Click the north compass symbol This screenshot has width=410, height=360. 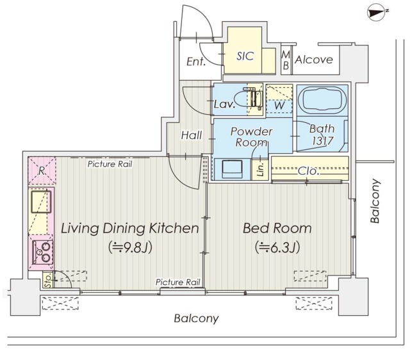pyautogui.click(x=377, y=13)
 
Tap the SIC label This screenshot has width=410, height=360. pyautogui.click(x=245, y=56)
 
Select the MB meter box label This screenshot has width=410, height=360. pyautogui.click(x=286, y=60)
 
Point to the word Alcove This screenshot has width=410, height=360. pyautogui.click(x=314, y=60)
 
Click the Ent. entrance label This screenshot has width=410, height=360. pyautogui.click(x=196, y=61)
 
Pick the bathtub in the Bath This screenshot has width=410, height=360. pyautogui.click(x=322, y=100)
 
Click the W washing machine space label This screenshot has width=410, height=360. pyautogui.click(x=279, y=106)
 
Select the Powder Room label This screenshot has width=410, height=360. pyautogui.click(x=251, y=136)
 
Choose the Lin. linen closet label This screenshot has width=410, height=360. pyautogui.click(x=261, y=169)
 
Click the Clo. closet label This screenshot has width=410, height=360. pyautogui.click(x=309, y=171)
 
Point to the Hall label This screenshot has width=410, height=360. pyautogui.click(x=192, y=135)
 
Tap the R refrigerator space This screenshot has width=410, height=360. pyautogui.click(x=42, y=171)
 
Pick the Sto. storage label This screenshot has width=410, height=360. pyautogui.click(x=48, y=280)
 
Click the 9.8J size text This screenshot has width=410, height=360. pyautogui.click(x=130, y=247)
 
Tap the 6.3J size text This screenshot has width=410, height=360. pyautogui.click(x=277, y=247)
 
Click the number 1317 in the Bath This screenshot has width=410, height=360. pyautogui.click(x=322, y=141)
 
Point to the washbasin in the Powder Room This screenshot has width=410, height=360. pyautogui.click(x=232, y=169)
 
